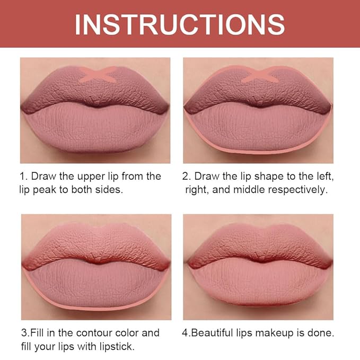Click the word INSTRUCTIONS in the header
(x=180, y=24)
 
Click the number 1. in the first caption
(x=25, y=175)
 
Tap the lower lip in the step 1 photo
(x=95, y=130)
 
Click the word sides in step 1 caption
(x=110, y=189)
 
